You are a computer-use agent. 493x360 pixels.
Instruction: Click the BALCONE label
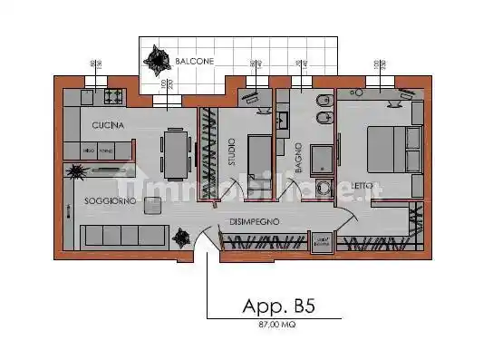pos(196,61)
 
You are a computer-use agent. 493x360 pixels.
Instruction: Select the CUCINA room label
pos(107,124)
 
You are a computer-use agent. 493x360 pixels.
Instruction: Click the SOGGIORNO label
pos(111,201)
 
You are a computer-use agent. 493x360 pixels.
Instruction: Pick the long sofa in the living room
pos(122,236)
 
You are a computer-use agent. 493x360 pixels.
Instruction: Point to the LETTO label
pos(362,186)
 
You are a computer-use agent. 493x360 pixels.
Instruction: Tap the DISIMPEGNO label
pos(254,220)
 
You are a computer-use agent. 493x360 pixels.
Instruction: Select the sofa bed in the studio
pos(260,152)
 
